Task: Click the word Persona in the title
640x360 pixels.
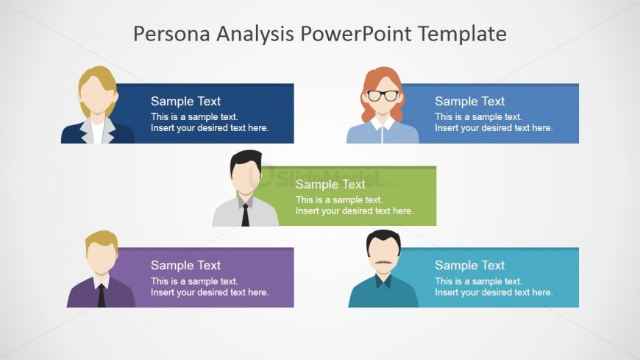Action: [x=172, y=34]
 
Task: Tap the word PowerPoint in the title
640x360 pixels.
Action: [x=356, y=34]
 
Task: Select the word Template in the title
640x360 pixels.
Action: [x=462, y=35]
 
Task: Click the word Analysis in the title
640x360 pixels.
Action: [x=255, y=35]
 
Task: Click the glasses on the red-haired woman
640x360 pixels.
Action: [x=383, y=96]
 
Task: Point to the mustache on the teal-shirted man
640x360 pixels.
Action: [x=383, y=262]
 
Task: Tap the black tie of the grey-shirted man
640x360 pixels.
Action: [x=245, y=215]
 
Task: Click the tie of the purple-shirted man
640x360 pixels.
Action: [x=102, y=296]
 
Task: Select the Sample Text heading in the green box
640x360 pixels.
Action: [x=330, y=184]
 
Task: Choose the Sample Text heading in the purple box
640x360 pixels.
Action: [x=185, y=265]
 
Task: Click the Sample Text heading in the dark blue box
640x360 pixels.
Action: [x=185, y=101]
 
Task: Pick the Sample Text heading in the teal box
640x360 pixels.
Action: [x=470, y=265]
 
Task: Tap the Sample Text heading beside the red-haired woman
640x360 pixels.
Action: [x=470, y=101]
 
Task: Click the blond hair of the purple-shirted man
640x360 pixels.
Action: [x=102, y=239]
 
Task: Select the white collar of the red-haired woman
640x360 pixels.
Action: [x=383, y=124]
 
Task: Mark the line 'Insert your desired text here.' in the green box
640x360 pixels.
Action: [x=355, y=211]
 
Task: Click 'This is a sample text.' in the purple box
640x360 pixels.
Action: [x=194, y=281]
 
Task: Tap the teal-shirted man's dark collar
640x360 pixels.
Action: [x=383, y=281]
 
